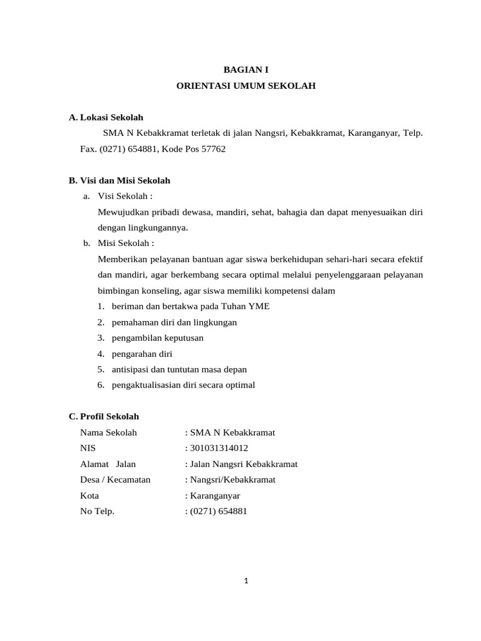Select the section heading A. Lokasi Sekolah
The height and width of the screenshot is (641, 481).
pos(106,117)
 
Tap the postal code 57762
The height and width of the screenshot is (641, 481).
pos(213,149)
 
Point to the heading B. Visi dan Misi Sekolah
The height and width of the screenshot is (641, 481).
pos(119,180)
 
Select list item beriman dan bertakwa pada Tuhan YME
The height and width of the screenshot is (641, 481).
pos(190,306)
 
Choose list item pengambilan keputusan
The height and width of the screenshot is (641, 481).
pos(157,337)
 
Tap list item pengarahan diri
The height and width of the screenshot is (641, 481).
pos(142,354)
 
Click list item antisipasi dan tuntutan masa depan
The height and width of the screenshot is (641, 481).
pos(179,369)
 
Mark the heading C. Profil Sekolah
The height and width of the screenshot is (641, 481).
pos(104,416)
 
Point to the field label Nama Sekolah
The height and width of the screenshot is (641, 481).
pos(108,433)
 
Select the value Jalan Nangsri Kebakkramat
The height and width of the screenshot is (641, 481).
pos(243,464)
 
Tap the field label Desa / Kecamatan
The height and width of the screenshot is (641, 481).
pos(115,479)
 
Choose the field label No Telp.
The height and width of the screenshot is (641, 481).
pos(98,511)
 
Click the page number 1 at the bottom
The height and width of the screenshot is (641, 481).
pos(246,580)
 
